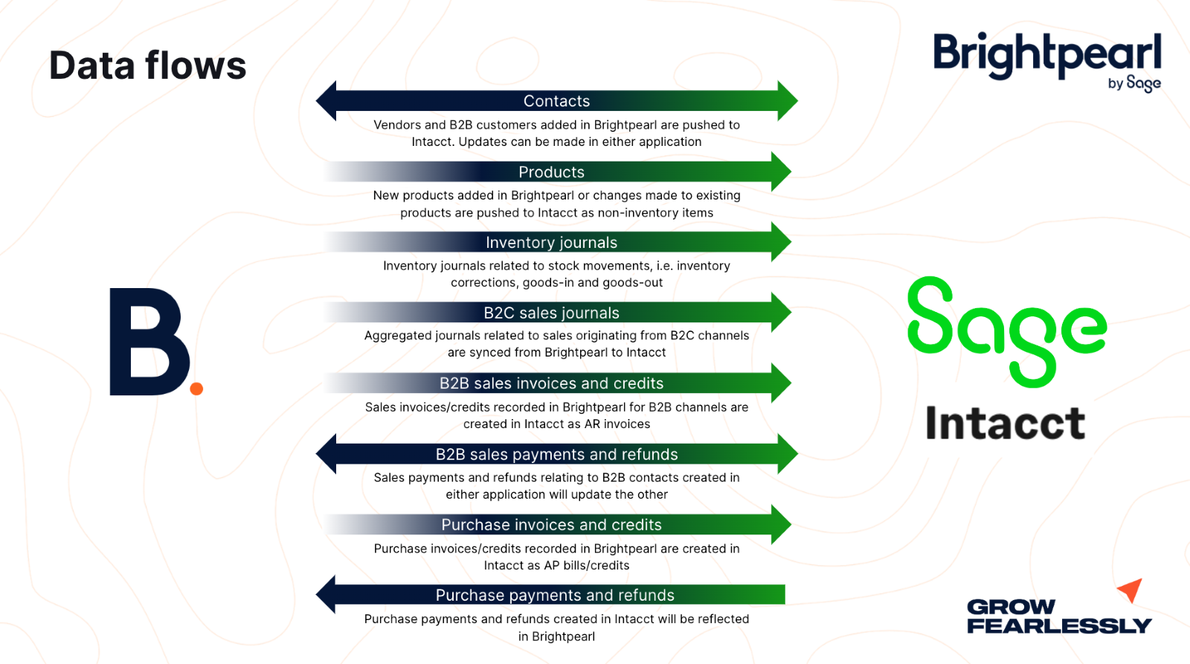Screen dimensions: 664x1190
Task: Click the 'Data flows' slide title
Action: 147,66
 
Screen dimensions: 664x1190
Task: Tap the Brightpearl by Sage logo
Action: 1046,60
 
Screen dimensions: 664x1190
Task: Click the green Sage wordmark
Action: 1006,331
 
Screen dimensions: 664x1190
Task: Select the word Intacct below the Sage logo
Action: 1005,424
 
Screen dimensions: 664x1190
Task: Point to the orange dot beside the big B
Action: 196,388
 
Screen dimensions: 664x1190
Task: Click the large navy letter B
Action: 148,342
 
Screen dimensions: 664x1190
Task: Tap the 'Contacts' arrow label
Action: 556,101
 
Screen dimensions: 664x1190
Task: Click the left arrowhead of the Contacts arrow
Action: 327,100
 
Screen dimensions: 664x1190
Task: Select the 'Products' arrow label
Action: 551,172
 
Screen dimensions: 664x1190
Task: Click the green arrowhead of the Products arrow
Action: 780,172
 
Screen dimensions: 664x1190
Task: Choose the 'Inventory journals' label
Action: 551,243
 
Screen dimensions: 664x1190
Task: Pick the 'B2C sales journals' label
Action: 551,313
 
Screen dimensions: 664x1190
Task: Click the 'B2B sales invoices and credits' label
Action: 551,383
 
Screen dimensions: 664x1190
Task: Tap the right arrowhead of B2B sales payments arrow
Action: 787,454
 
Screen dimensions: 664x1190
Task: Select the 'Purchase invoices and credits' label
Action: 551,525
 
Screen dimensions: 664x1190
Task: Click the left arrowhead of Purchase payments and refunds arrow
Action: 327,595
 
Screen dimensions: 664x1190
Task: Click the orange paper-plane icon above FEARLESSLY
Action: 1130,590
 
